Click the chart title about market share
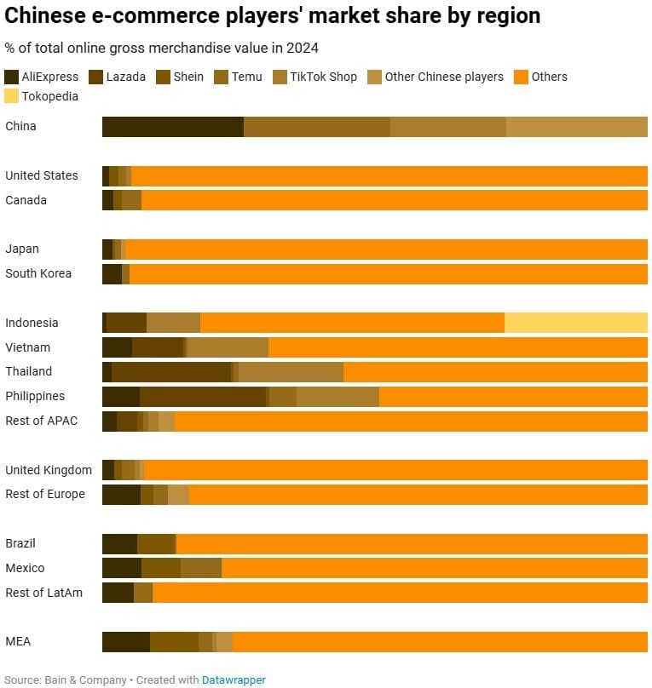tap(273, 15)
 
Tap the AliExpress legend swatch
tap(12, 77)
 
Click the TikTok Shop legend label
tap(323, 77)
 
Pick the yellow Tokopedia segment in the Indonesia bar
tap(575, 323)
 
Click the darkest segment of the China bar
tap(172, 127)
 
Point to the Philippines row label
tap(35, 396)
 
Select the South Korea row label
tap(38, 273)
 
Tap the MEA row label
tap(18, 641)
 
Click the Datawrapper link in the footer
tap(234, 679)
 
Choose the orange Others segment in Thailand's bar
tap(494, 372)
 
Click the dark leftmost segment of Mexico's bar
tap(121, 568)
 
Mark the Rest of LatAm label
tap(43, 593)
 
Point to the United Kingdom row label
tap(49, 470)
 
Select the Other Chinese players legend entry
tap(444, 77)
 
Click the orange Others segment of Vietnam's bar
tap(458, 347)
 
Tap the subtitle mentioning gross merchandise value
tap(162, 48)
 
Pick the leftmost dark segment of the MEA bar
tap(125, 642)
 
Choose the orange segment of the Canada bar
tap(394, 200)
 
